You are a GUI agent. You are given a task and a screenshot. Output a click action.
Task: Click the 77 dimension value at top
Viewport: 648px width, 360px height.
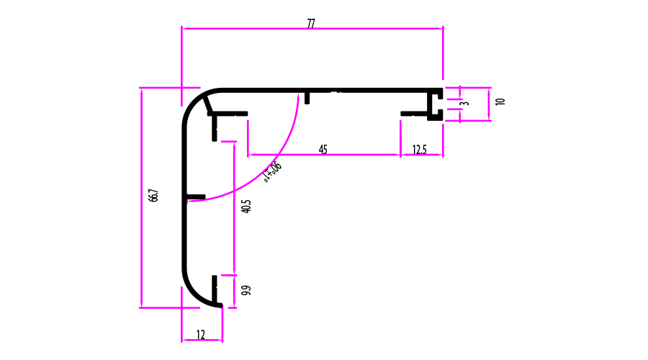pyautogui.click(x=311, y=24)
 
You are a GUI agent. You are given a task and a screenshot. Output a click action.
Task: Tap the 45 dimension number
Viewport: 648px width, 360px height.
pyautogui.click(x=323, y=150)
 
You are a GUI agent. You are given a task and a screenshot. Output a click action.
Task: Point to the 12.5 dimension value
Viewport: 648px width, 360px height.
pyautogui.click(x=419, y=150)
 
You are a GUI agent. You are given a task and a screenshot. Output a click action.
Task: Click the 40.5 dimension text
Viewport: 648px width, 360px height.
pyautogui.click(x=247, y=206)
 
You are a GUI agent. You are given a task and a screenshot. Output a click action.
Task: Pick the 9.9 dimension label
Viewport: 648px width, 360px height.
pyautogui.click(x=246, y=291)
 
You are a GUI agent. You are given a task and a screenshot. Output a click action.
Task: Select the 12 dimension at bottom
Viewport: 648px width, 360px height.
pyautogui.click(x=200, y=334)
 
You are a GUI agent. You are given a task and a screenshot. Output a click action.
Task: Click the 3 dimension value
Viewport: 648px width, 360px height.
pyautogui.click(x=465, y=104)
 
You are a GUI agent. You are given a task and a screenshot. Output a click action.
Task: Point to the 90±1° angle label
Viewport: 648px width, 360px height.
pyautogui.click(x=273, y=172)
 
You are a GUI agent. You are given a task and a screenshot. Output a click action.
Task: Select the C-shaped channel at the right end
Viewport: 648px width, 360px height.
pyautogui.click(x=435, y=104)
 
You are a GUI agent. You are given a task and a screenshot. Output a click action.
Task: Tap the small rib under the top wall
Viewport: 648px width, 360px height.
pyautogui.click(x=307, y=97)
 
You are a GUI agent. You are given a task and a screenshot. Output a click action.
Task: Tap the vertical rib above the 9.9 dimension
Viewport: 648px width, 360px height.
pyautogui.click(x=215, y=288)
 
